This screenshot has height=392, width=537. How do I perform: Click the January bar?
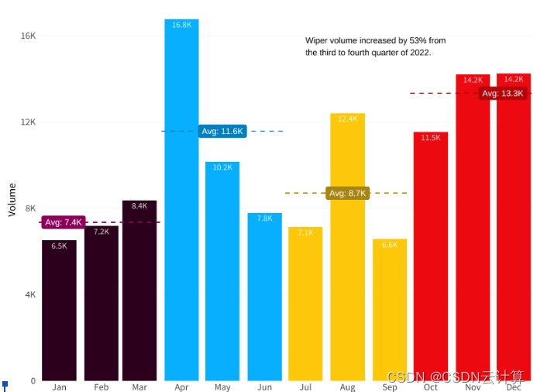(59, 310)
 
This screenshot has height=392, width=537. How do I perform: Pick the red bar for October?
(430, 256)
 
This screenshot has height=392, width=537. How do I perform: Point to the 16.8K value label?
(181, 25)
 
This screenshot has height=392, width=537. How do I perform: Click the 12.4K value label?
(348, 119)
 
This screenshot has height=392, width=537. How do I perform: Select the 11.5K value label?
(431, 137)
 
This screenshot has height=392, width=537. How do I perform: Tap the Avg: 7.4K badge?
(63, 222)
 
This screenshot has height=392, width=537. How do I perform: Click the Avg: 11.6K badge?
(222, 131)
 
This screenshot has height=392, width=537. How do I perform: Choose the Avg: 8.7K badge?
(347, 193)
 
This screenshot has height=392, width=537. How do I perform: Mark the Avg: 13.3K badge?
(501, 94)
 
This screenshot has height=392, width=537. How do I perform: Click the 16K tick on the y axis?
(28, 36)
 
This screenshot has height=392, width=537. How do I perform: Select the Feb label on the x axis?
(102, 387)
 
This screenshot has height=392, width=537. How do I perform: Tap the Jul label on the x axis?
(305, 387)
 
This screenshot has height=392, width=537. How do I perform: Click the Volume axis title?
(12, 199)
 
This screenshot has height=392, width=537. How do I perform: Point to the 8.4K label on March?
(139, 206)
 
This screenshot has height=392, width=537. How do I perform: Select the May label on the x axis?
(222, 387)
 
